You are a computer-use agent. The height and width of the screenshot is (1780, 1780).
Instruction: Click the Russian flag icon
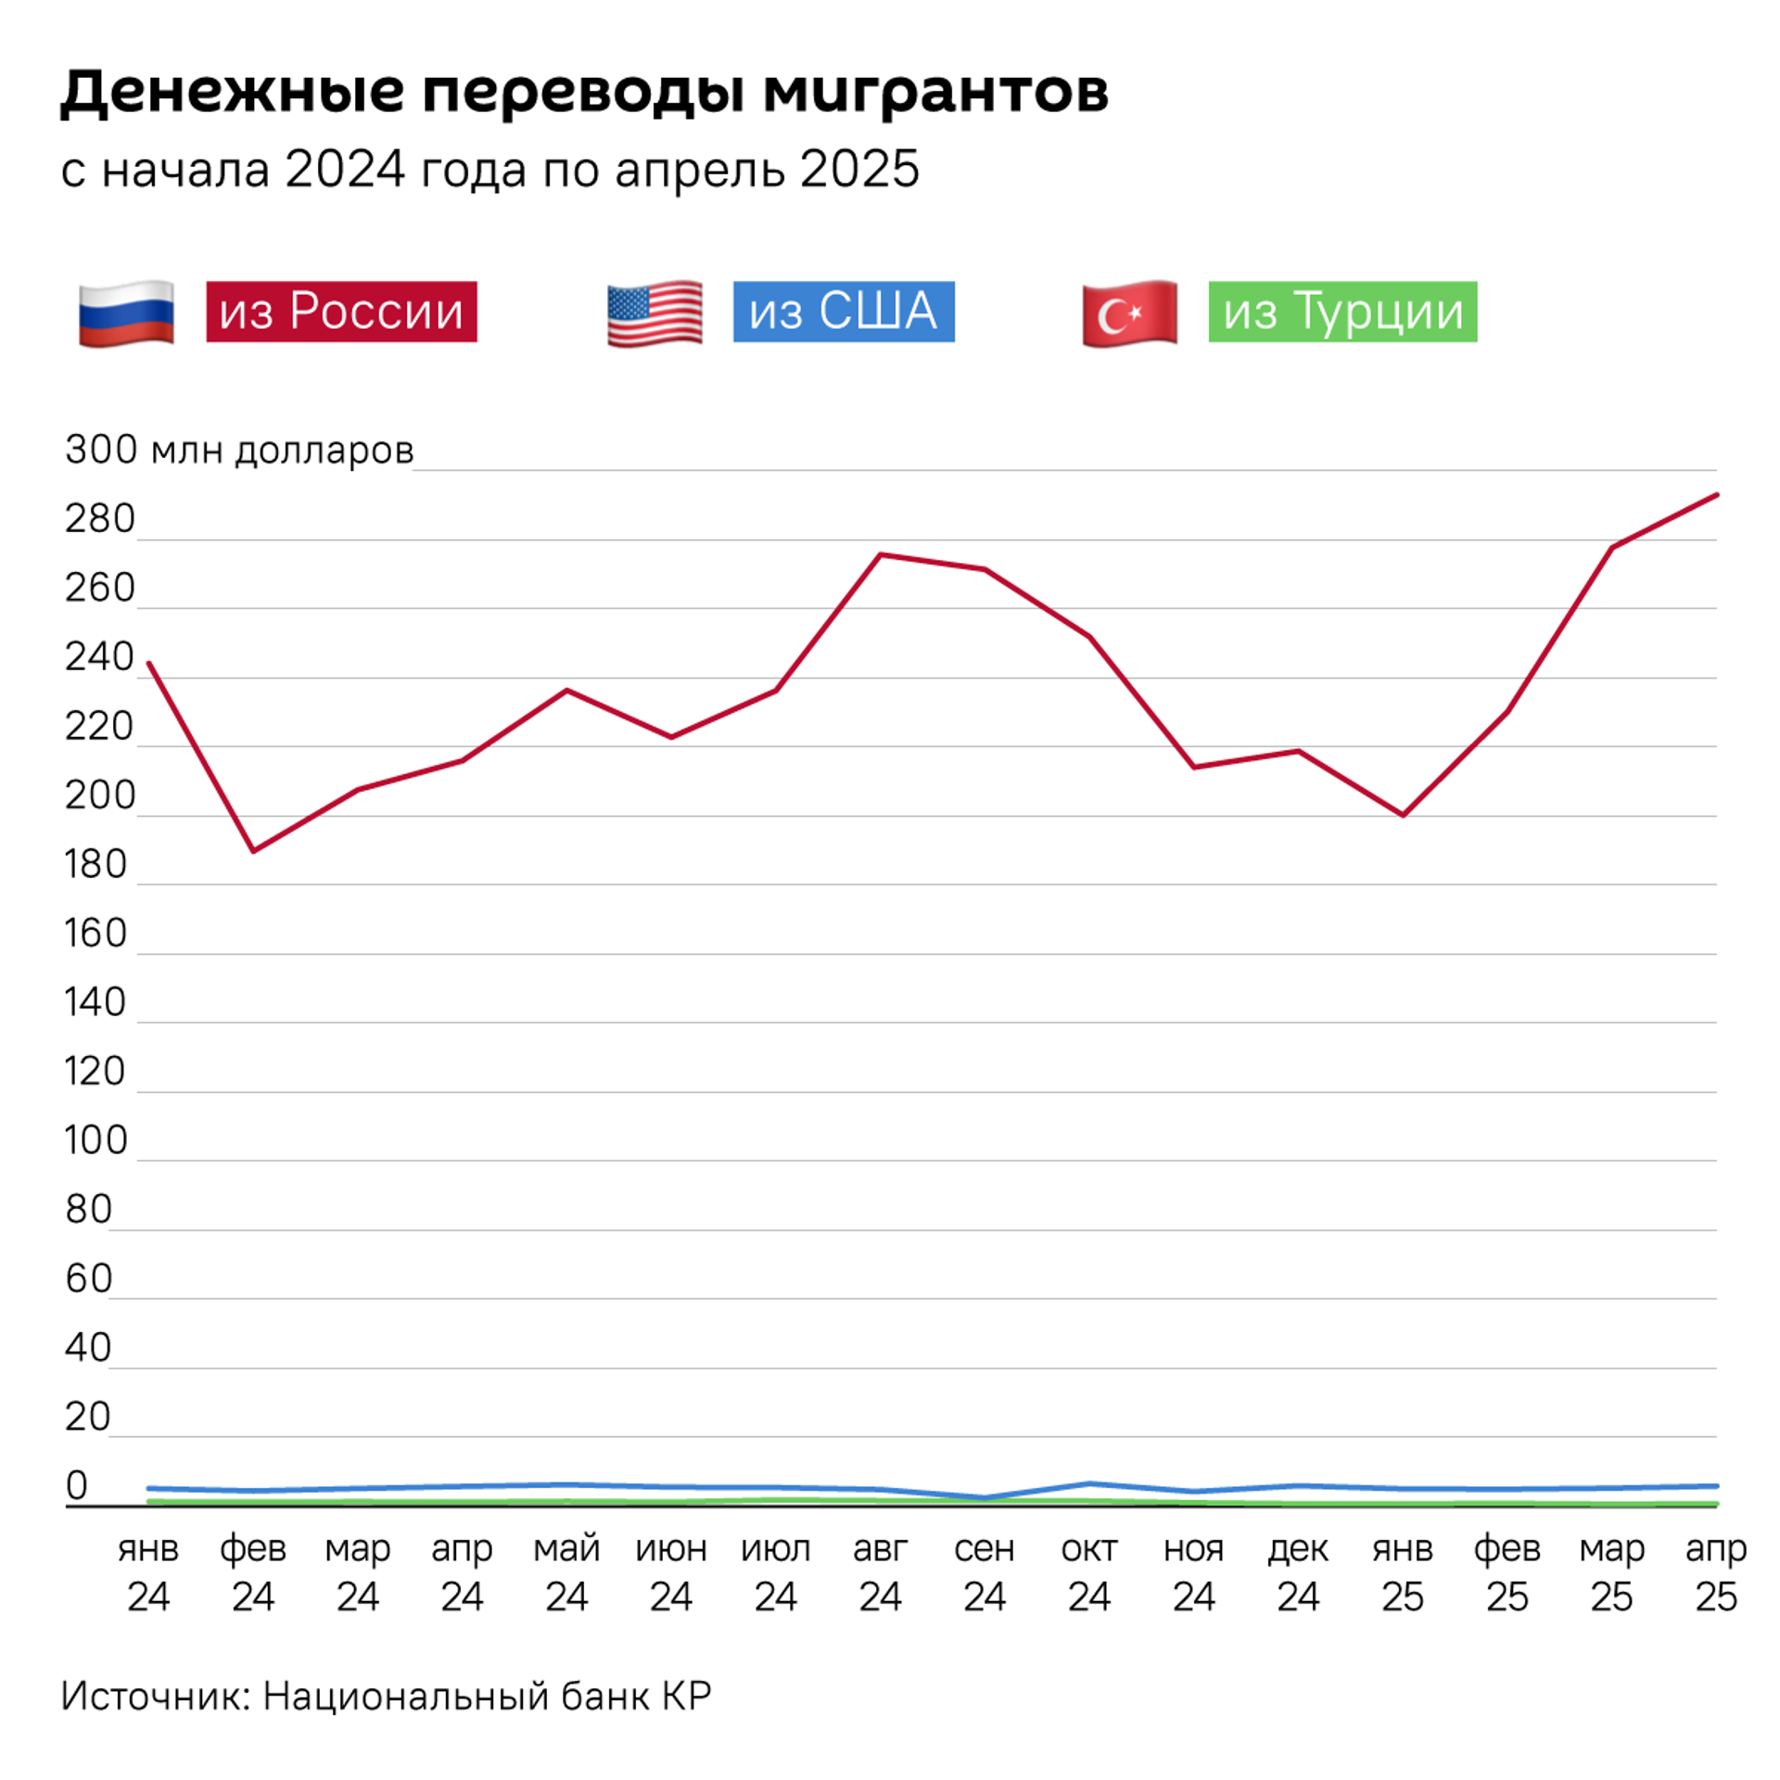(x=126, y=312)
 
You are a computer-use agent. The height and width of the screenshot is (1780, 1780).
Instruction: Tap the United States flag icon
(x=654, y=312)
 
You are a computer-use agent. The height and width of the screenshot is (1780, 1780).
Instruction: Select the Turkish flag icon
(x=1129, y=312)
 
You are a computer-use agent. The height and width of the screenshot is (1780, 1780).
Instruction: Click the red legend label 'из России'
(x=341, y=311)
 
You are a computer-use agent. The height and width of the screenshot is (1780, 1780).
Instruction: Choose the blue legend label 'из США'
(x=843, y=311)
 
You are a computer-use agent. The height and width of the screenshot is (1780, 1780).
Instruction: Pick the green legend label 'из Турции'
(x=1341, y=311)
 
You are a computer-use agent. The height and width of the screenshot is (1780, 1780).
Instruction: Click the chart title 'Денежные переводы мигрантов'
(x=584, y=92)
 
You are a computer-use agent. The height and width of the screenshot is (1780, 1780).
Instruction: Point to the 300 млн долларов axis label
(x=238, y=450)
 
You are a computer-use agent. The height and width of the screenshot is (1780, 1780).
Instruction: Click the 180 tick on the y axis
(x=95, y=865)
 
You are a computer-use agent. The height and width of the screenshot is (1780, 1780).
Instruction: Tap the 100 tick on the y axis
(x=95, y=1140)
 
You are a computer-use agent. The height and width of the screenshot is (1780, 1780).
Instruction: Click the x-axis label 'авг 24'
(x=879, y=1572)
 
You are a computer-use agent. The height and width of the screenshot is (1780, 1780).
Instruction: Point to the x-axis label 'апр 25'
(x=1715, y=1572)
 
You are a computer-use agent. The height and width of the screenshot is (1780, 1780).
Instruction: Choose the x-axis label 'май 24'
(x=566, y=1572)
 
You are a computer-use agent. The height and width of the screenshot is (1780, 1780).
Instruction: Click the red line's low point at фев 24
(x=253, y=850)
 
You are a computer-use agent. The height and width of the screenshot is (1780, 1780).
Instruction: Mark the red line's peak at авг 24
(x=880, y=554)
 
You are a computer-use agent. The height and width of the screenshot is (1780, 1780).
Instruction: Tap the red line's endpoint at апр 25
(x=1716, y=495)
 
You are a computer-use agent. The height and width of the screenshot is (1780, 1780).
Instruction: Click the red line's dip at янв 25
(x=1403, y=815)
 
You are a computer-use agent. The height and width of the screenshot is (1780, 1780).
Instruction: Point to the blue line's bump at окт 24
(x=1089, y=1483)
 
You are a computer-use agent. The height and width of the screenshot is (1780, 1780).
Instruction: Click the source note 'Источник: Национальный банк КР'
(x=386, y=1696)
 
